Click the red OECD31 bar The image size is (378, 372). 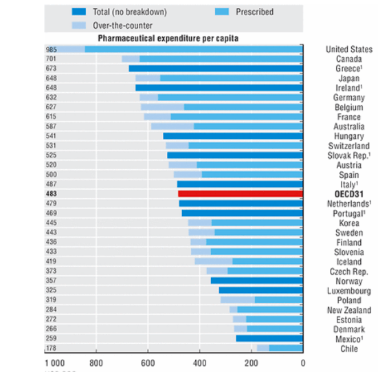(x=240, y=194)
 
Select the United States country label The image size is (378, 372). (x=348, y=50)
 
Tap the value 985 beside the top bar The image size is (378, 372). (x=52, y=50)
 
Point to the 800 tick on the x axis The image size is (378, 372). (x=96, y=363)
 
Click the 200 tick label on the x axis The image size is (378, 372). (x=252, y=363)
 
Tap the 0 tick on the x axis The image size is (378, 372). (x=302, y=363)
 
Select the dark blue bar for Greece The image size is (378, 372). (x=215, y=69)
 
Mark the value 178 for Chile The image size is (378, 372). (x=52, y=348)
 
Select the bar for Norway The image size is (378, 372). (x=256, y=281)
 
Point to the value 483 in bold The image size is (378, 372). (x=52, y=194)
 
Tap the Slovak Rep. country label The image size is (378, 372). (x=349, y=155)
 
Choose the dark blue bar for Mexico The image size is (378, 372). (x=269, y=338)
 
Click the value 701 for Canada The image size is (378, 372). (x=52, y=59)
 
